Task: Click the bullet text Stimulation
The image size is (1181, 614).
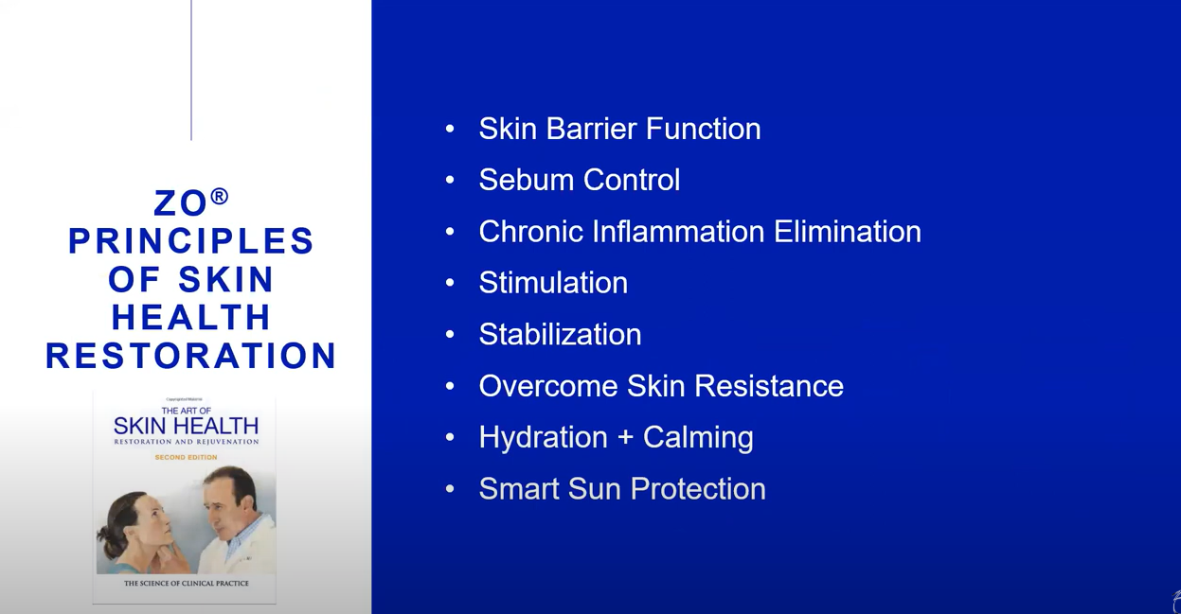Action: point(553,283)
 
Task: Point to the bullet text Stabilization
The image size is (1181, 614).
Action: point(560,334)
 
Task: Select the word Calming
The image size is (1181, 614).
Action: point(698,438)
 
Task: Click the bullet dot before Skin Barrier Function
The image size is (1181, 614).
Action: point(450,129)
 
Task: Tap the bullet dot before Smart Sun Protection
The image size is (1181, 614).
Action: point(450,489)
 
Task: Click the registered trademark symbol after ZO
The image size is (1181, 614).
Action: point(220,196)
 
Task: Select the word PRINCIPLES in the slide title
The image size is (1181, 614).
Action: point(191,241)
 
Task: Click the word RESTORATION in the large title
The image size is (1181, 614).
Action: point(191,356)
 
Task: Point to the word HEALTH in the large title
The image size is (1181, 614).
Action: point(191,317)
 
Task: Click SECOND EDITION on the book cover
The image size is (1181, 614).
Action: point(186,457)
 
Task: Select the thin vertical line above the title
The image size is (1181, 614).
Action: point(191,70)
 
